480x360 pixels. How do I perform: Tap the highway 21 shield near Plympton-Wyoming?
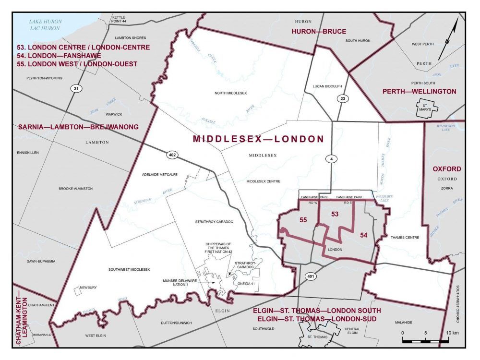point(76,88)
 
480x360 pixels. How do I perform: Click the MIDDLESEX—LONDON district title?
point(258,139)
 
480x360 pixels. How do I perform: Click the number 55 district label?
point(303,220)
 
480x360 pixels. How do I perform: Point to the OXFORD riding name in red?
point(446,169)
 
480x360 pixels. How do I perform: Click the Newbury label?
point(88,288)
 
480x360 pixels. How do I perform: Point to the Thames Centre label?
point(405,238)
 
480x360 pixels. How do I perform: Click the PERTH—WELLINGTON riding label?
point(419,91)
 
